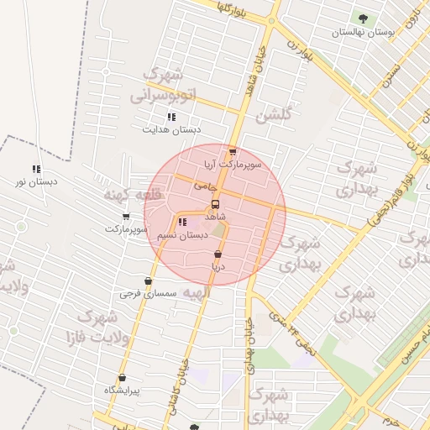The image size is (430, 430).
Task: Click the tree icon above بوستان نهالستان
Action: (x=363, y=18)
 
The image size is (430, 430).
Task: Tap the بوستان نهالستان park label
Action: (x=363, y=32)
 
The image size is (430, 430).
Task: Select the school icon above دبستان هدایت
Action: (x=171, y=117)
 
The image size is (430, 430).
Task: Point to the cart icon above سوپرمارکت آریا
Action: (x=233, y=152)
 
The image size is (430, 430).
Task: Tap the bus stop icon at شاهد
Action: (x=216, y=204)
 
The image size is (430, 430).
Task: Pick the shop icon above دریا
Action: (x=218, y=254)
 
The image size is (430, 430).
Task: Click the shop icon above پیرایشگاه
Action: (x=124, y=378)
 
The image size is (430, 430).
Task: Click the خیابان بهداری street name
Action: (x=249, y=344)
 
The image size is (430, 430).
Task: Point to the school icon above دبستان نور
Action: (x=36, y=169)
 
